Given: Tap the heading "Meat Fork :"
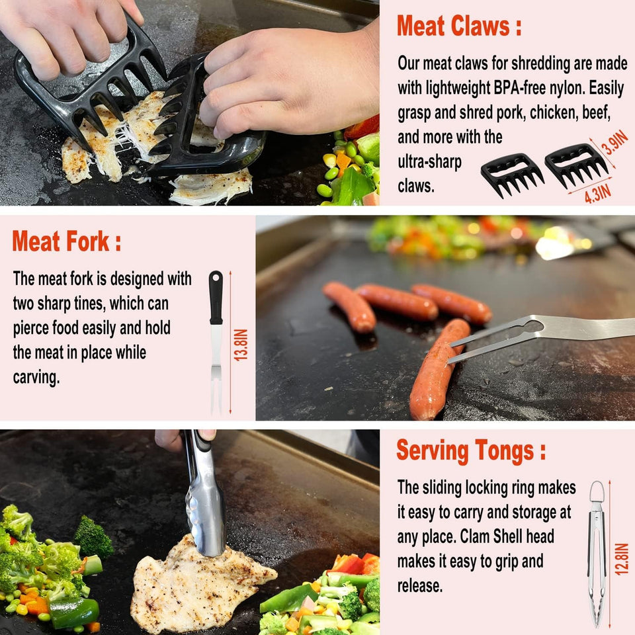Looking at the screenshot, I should (x=66, y=242).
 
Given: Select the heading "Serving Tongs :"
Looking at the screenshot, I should (x=471, y=451).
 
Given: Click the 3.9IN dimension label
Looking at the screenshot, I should (x=616, y=143).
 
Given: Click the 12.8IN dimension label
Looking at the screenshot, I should (x=621, y=559).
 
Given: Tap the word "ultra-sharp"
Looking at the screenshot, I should (x=429, y=162).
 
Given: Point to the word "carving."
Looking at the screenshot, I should (x=36, y=377).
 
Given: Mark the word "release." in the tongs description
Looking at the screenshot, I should (x=420, y=585).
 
